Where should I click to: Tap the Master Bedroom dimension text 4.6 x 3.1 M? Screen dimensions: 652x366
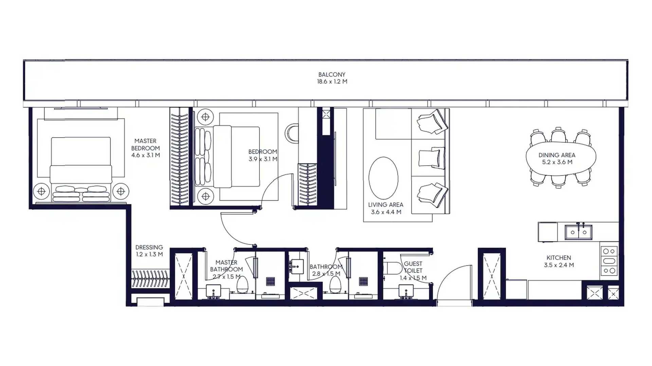pos(146,155)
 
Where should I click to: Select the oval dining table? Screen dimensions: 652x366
pos(561,158)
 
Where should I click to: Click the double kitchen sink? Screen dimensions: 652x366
pos(578,232)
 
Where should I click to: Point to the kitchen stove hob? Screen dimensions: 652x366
pos(609,261)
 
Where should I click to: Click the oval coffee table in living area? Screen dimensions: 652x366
pos(383,178)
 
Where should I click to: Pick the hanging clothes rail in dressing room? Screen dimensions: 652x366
pos(150,279)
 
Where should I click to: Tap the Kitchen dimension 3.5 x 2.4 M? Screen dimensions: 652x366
pos(559,265)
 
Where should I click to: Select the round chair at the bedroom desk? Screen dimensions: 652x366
pos(291,133)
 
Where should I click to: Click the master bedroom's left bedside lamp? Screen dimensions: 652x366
pos(41,191)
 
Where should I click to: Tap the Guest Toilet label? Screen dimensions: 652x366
pos(413,267)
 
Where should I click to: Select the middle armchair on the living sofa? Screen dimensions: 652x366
pos(432,158)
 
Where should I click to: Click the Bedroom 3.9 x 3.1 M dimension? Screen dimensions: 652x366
pos(263,159)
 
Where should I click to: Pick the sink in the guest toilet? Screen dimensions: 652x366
pos(406,291)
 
